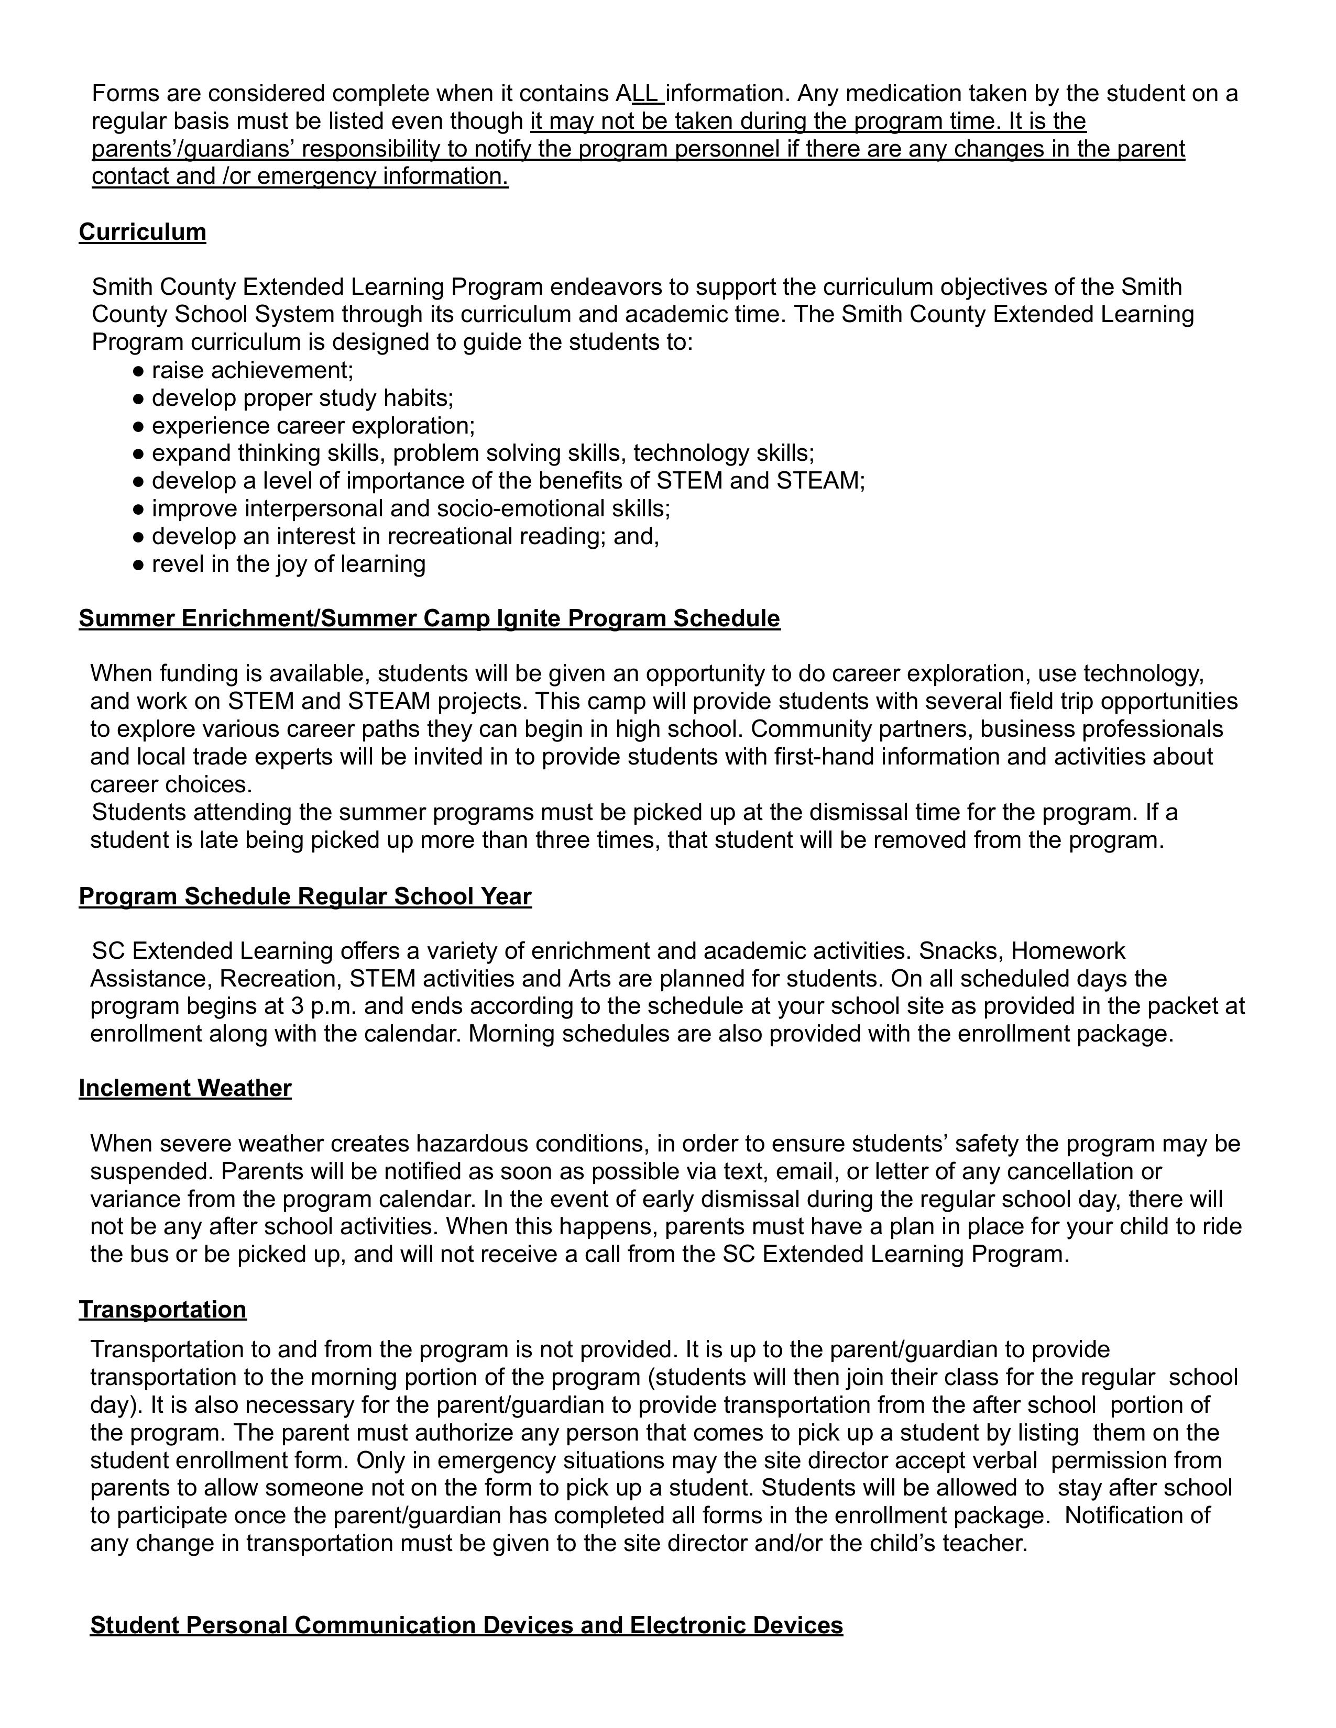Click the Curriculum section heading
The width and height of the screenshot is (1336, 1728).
tap(143, 232)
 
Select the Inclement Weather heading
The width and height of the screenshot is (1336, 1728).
tap(185, 1088)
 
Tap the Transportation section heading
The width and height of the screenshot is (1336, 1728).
tap(162, 1310)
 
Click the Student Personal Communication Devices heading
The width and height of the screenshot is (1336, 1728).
tap(466, 1625)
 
